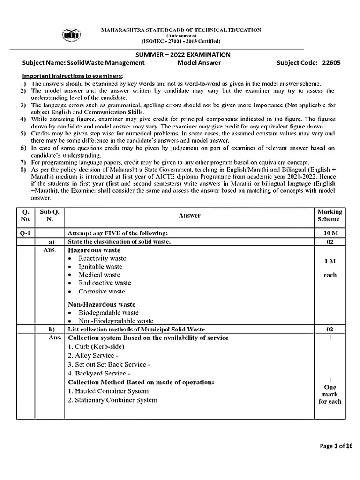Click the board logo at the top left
click(71, 35)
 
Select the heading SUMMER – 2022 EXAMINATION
click(180, 54)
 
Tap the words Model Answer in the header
click(199, 63)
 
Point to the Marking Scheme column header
click(330, 215)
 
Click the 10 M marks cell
click(330, 233)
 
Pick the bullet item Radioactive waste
click(105, 283)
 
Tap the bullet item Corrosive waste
click(102, 291)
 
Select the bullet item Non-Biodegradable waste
click(116, 321)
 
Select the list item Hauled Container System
click(108, 391)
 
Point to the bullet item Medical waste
click(99, 275)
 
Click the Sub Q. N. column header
click(50, 215)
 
